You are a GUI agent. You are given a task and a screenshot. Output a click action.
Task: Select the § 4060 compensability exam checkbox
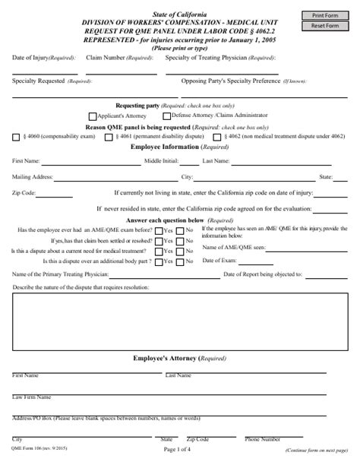[x=17, y=137]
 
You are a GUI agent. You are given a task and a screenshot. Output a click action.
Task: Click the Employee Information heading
[x=179, y=147]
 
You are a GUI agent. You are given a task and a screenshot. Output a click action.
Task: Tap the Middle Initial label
[x=161, y=161]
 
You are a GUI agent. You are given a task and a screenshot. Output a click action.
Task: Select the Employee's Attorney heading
[x=179, y=357]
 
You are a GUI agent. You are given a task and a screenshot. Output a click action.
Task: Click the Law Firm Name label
[x=32, y=397]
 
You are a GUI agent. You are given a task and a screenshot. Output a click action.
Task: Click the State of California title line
[x=179, y=5]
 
